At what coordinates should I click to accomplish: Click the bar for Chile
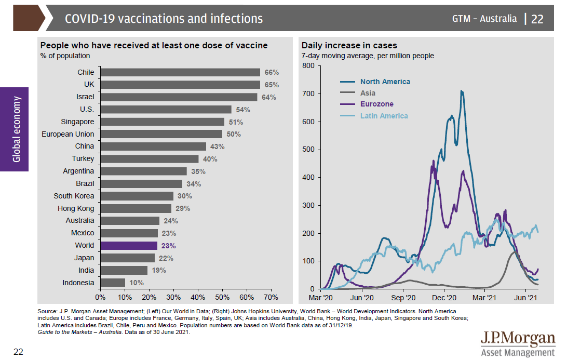pyautogui.click(x=180, y=72)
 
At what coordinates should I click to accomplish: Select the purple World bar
pyautogui.click(x=129, y=246)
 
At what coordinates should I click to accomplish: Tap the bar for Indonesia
pyautogui.click(x=113, y=283)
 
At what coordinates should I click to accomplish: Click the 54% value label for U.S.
pyautogui.click(x=243, y=110)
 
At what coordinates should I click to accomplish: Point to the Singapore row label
pyautogui.click(x=77, y=122)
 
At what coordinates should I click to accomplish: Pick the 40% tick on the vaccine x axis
pyautogui.click(x=198, y=297)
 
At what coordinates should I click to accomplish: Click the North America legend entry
pyautogui.click(x=385, y=82)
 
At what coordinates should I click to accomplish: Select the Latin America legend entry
pyautogui.click(x=384, y=116)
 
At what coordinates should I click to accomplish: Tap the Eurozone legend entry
pyautogui.click(x=376, y=104)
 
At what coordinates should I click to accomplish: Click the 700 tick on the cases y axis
pyautogui.click(x=308, y=94)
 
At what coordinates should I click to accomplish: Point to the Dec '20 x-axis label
pyautogui.click(x=444, y=298)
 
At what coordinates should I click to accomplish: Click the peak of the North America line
pyautogui.click(x=461, y=91)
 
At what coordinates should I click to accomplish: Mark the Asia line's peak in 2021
pyautogui.click(x=514, y=252)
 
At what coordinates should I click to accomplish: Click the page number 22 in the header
pyautogui.click(x=537, y=19)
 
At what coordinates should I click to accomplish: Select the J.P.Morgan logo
pyautogui.click(x=517, y=343)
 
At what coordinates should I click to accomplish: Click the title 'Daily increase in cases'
pyautogui.click(x=349, y=46)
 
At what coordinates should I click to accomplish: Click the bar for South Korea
pyautogui.click(x=137, y=196)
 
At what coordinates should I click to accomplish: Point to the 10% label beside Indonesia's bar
pyautogui.click(x=136, y=283)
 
